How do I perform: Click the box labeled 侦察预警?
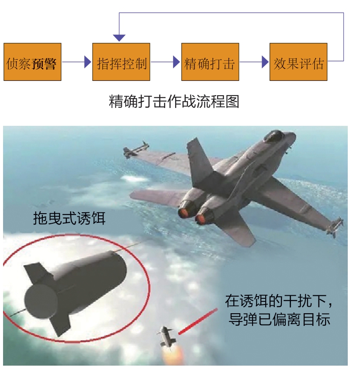32,62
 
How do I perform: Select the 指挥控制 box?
121,62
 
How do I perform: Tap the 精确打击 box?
210,62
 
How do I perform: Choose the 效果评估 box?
298,62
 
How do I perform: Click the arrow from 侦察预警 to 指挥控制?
76,62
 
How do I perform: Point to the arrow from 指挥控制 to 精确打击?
165,62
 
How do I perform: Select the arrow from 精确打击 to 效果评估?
254,62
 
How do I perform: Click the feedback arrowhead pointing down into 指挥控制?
119,38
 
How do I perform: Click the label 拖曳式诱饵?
69,218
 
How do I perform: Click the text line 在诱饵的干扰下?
280,301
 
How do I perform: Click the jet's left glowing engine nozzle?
183,213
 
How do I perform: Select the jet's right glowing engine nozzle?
202,218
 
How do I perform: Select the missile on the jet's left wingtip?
135,151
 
